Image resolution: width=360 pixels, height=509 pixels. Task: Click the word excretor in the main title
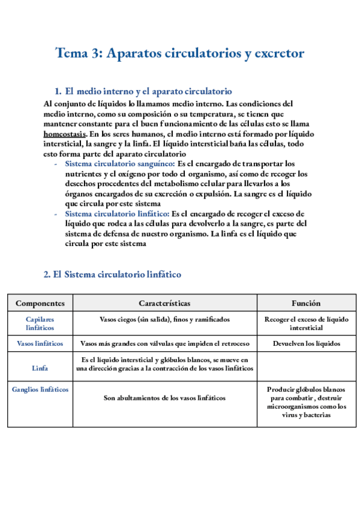[278, 53]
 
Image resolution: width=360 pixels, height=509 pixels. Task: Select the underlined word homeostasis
[64, 133]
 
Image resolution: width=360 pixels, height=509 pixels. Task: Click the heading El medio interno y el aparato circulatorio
[148, 92]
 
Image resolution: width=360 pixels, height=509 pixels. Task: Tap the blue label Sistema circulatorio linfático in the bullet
[117, 213]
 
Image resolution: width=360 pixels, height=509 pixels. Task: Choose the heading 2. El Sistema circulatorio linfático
[112, 274]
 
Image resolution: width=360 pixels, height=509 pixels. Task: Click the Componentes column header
[40, 304]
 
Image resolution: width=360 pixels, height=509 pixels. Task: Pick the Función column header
[306, 304]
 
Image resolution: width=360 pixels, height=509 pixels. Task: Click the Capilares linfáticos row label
[40, 324]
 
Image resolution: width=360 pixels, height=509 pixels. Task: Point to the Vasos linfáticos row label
[40, 344]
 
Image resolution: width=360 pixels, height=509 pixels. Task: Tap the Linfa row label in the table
[40, 368]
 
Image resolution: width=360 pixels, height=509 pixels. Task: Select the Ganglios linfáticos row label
[40, 389]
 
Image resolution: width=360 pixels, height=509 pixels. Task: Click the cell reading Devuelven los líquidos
[306, 344]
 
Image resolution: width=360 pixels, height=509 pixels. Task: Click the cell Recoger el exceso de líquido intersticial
[306, 324]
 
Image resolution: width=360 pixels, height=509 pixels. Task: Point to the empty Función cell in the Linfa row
[306, 366]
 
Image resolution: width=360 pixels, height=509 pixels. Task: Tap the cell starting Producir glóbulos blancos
[306, 402]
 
